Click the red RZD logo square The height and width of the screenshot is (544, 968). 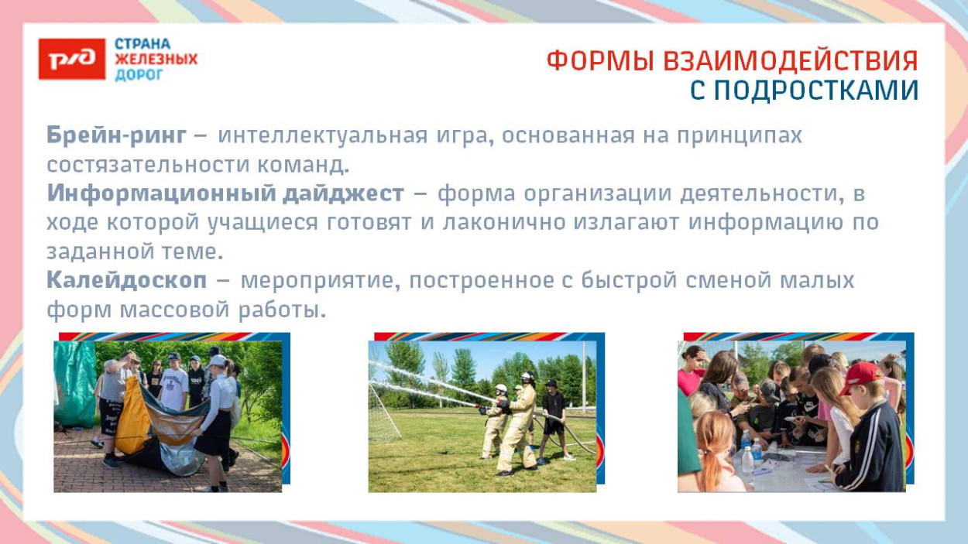[72, 59]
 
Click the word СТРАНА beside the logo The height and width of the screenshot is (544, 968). [142, 44]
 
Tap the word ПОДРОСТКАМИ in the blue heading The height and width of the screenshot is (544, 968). [815, 91]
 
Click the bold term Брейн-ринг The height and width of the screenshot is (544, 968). [116, 135]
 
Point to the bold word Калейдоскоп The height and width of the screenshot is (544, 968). [127, 280]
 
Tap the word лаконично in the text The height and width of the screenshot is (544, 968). [504, 222]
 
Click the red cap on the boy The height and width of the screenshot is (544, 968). [860, 373]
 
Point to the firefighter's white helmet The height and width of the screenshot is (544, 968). [501, 388]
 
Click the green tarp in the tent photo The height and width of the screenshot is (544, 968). [74, 383]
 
